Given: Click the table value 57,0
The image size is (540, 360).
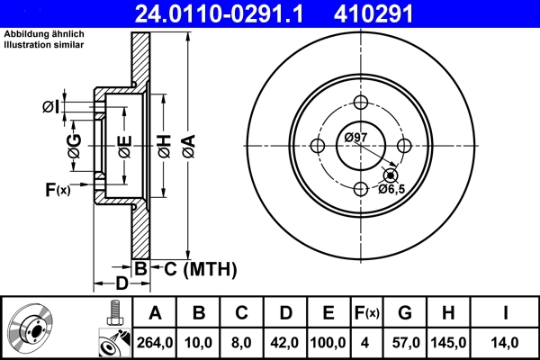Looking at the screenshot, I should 405,343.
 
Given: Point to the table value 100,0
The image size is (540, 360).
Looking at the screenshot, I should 328,343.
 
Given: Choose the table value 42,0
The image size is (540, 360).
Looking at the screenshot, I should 285,343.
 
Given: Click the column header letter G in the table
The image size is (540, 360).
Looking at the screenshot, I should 405,313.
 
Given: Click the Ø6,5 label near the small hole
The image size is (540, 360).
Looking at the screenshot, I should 391,189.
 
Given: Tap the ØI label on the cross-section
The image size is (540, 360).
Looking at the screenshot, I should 51,107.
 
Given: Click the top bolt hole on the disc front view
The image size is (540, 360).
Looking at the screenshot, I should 361,102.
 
